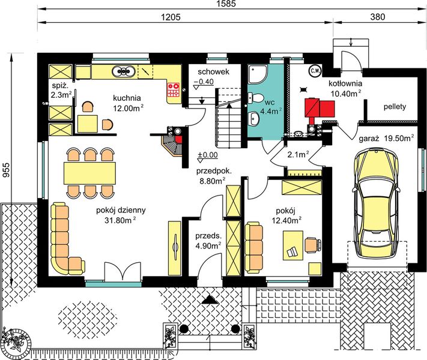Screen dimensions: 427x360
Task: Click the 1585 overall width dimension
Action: (x=226, y=4)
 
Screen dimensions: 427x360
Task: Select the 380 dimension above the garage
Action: (x=378, y=17)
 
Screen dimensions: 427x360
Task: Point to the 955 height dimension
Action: (x=6, y=170)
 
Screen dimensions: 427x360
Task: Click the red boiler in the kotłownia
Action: (x=319, y=108)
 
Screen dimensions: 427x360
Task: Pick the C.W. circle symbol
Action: (x=315, y=71)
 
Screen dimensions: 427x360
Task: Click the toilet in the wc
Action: (x=255, y=98)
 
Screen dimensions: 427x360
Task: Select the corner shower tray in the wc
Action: (x=258, y=74)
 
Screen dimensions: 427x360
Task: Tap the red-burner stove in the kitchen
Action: (x=174, y=90)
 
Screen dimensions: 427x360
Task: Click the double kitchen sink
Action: (x=124, y=71)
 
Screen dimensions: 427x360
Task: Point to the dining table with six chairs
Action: (x=89, y=173)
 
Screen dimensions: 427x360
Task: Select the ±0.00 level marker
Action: (x=208, y=155)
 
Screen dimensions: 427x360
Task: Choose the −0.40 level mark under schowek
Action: (x=204, y=82)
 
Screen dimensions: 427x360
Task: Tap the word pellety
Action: (x=395, y=107)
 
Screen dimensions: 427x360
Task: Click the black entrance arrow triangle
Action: (x=210, y=299)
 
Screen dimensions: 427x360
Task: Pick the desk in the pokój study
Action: (x=293, y=245)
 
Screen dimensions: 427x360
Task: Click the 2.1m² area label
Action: (x=298, y=155)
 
